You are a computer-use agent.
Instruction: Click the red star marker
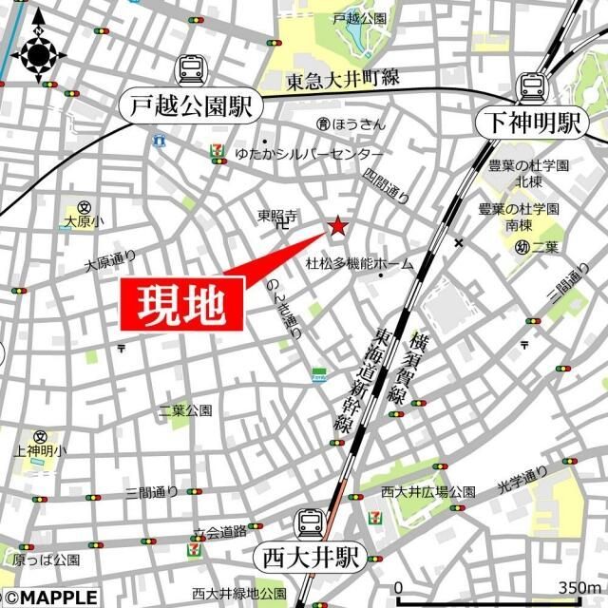(337, 226)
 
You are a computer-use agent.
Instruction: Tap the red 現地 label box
(181, 305)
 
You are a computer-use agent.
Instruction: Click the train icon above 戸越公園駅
(190, 69)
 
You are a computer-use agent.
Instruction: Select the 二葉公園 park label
(185, 410)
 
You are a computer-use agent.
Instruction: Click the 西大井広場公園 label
(427, 491)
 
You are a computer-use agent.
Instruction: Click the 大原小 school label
(84, 220)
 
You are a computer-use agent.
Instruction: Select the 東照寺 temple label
(277, 217)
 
